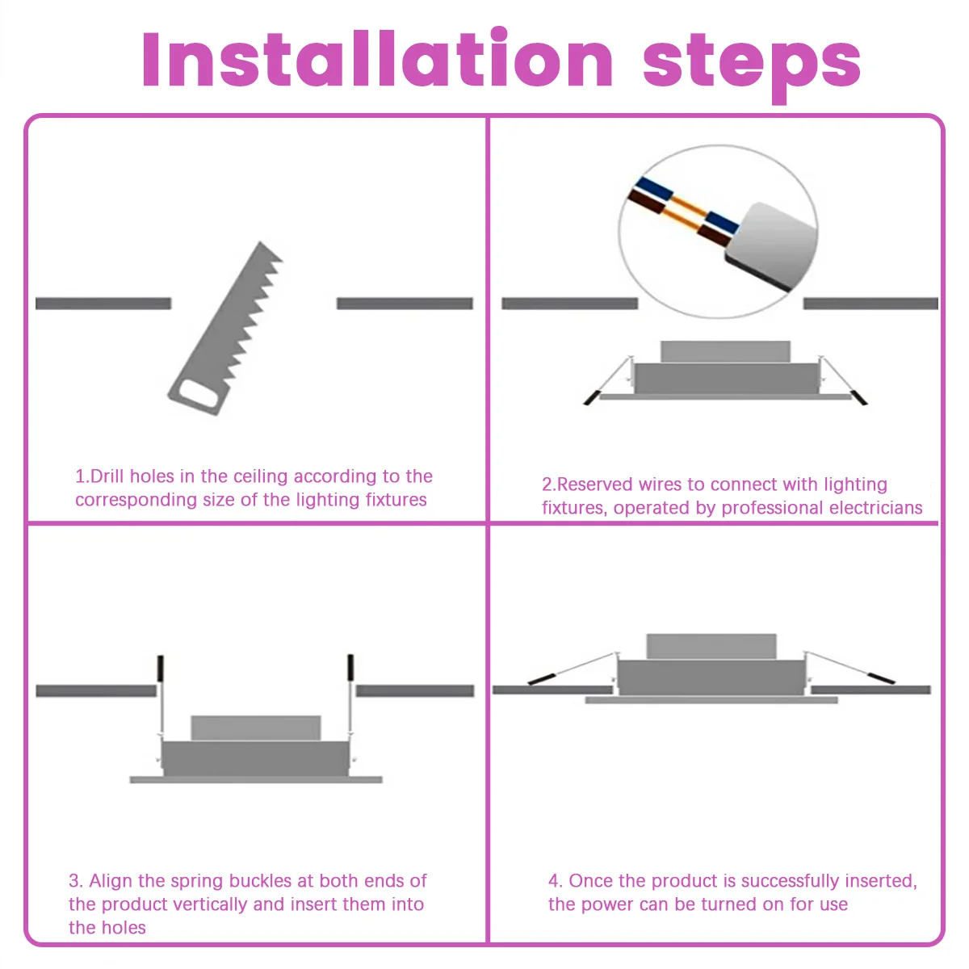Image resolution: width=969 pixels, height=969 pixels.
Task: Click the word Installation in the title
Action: point(377,59)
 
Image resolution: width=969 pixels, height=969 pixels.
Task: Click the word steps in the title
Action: point(752,65)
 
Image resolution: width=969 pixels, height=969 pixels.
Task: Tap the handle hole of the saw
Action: point(199,392)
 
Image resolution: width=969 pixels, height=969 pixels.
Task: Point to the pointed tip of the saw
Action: point(261,243)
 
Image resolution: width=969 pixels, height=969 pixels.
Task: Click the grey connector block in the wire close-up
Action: point(770,246)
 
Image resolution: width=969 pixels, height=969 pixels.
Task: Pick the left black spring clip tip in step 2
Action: point(591,397)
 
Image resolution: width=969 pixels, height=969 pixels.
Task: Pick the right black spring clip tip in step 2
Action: point(859,397)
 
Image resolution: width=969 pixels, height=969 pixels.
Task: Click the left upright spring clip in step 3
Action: point(161,668)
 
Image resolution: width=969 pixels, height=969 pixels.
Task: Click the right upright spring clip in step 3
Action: point(350,667)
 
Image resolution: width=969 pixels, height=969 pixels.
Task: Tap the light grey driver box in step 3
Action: point(255,728)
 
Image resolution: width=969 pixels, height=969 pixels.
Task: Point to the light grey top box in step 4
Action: point(711,647)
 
